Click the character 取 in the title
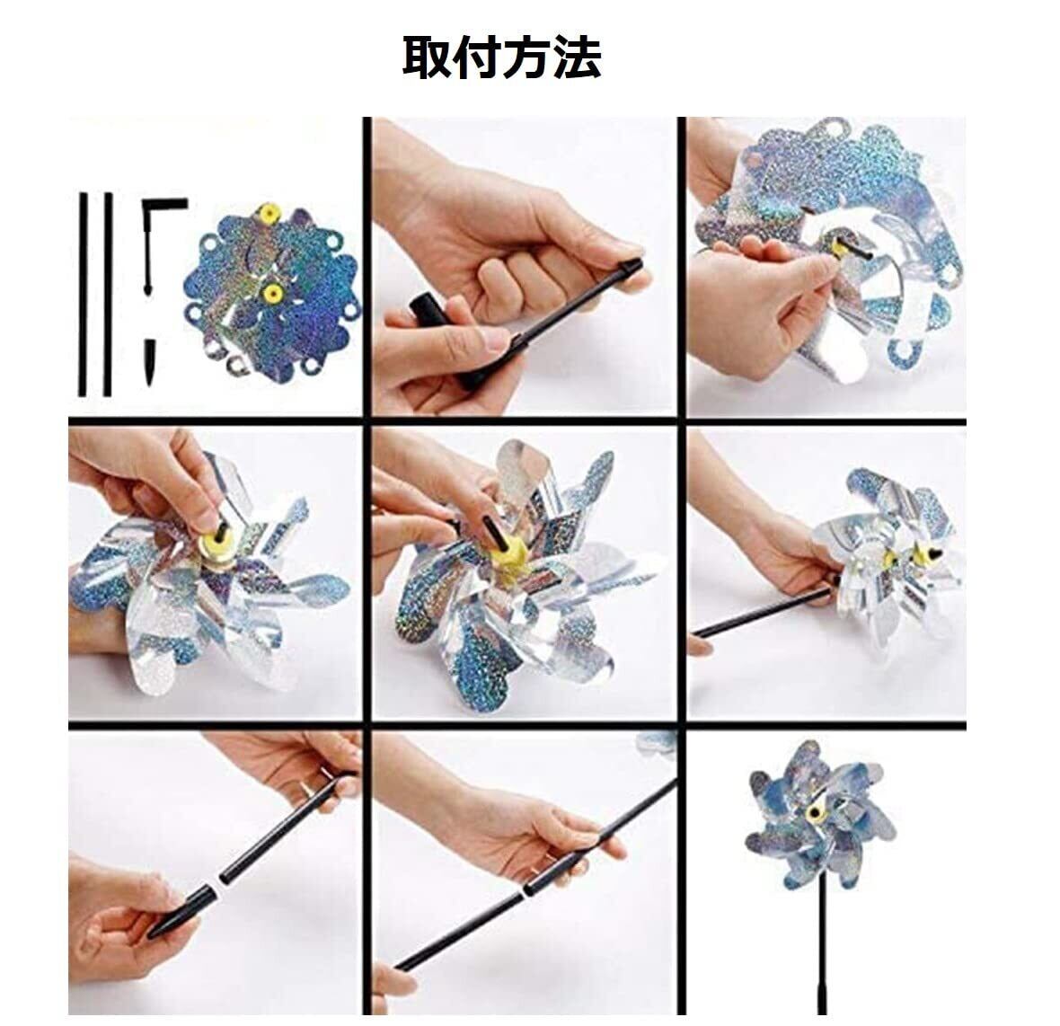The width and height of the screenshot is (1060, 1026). (428, 58)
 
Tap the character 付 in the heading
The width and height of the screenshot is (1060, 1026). (477, 58)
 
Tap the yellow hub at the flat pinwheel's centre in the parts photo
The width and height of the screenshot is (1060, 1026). (272, 292)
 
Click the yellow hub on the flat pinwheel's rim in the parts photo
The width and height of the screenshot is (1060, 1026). (269, 214)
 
